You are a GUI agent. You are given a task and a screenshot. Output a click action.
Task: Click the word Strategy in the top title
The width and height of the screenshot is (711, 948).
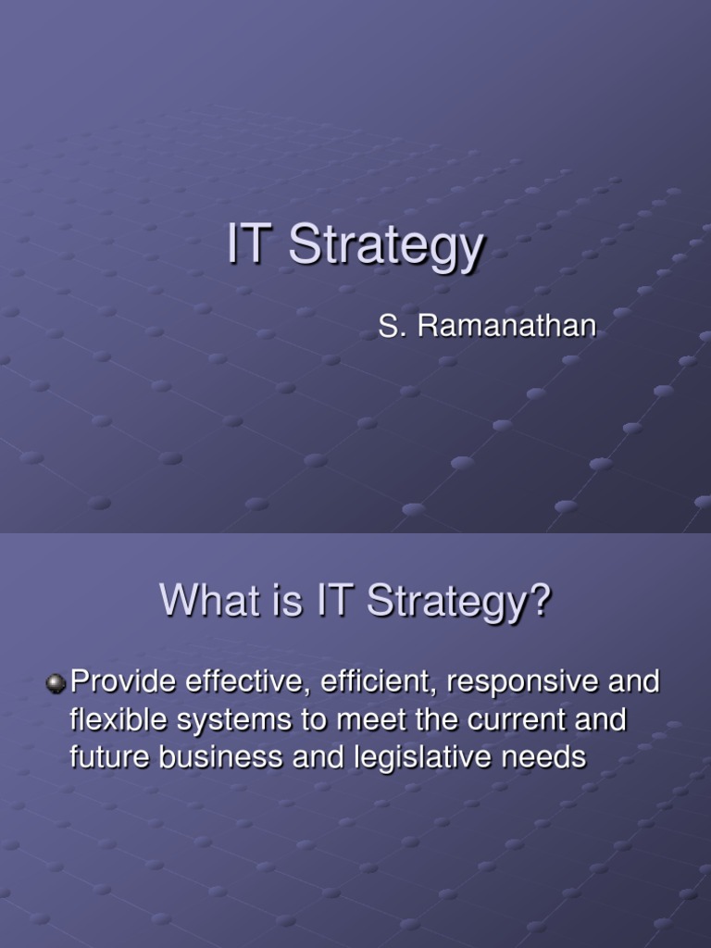pos(386,248)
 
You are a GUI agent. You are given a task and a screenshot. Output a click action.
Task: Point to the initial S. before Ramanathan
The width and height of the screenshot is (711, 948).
pos(390,327)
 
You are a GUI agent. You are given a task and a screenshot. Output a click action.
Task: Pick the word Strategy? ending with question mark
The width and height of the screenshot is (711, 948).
pos(458,603)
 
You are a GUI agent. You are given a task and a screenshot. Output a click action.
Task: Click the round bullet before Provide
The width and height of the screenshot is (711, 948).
pos(56,683)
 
